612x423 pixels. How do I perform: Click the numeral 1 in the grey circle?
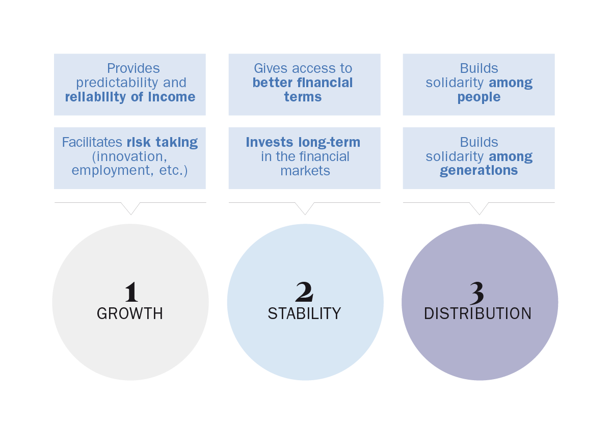[131, 292]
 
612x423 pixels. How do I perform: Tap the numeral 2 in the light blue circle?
[304, 292]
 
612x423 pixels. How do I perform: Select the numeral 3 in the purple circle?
[477, 293]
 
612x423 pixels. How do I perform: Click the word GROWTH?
[130, 313]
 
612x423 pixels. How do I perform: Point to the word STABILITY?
[304, 313]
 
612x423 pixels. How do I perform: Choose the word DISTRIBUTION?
[477, 313]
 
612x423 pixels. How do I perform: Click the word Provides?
[134, 68]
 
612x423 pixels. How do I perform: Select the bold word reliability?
[95, 97]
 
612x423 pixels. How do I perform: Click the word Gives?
[271, 68]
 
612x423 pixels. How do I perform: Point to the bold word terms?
[303, 97]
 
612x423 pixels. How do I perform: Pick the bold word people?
[479, 97]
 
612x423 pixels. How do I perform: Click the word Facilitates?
[92, 142]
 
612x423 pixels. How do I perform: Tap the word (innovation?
[129, 156]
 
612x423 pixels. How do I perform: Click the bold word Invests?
[270, 142]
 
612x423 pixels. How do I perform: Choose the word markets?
[305, 171]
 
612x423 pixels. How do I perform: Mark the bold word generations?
[478, 171]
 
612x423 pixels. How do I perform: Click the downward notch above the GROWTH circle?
[130, 208]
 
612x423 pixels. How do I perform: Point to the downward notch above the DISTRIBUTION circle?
[479, 208]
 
